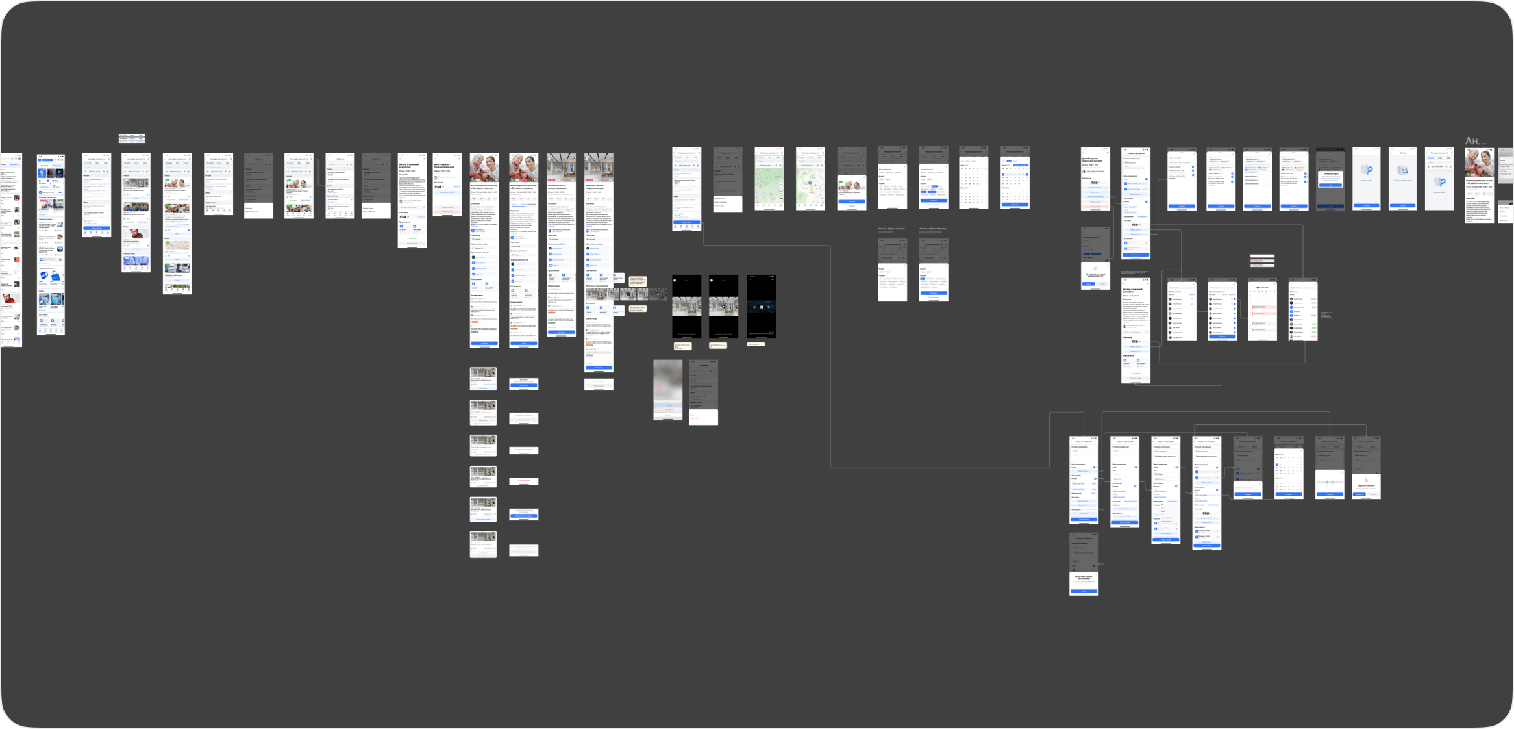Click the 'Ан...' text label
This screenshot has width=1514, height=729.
pos(1475,141)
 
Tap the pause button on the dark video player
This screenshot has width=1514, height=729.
pos(761,307)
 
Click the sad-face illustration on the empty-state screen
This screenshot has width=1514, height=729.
pos(1403,170)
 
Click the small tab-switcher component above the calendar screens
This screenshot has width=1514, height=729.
pos(132,138)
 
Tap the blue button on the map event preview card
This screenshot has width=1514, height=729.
pos(851,202)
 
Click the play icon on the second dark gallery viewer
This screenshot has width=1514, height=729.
pos(724,307)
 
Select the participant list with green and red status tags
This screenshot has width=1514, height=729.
pos(1303,311)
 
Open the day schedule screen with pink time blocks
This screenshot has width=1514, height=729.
pos(1262,311)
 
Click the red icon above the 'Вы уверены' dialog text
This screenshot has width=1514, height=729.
pos(1096,268)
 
